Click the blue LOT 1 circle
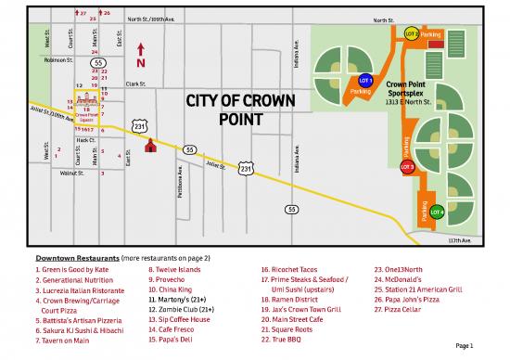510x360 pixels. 365,81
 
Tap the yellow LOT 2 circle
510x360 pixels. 412,34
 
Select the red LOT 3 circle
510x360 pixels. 407,167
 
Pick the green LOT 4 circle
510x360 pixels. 437,212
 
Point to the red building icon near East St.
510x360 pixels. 152,145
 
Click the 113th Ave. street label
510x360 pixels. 461,239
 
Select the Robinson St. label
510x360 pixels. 58,59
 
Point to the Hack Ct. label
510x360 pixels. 73,139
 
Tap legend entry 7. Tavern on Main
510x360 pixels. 63,341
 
